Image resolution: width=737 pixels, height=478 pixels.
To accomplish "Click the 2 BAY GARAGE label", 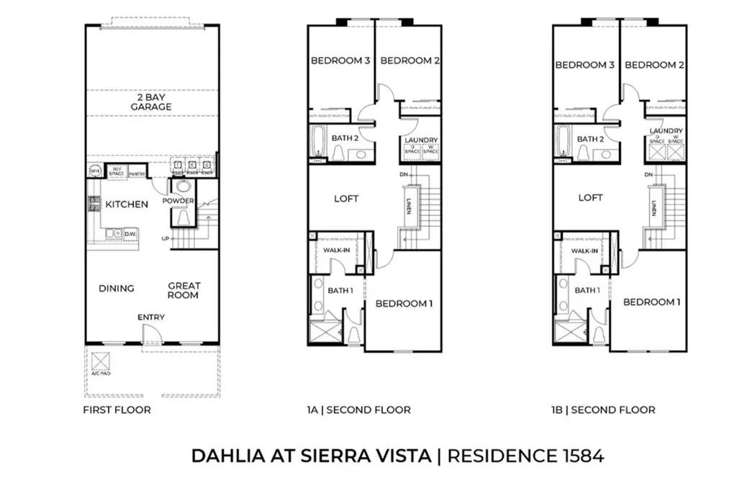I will click(151, 102).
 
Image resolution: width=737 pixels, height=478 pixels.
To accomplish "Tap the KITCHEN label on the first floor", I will click(127, 204).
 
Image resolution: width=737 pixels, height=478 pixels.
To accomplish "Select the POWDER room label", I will click(178, 201).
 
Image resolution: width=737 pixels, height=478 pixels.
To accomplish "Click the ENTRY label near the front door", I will click(151, 317).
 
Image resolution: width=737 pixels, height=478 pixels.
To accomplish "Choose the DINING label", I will click(117, 289).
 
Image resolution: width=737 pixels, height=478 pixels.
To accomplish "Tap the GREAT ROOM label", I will click(184, 290).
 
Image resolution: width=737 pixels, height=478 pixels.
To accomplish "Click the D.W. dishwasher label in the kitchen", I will click(131, 234).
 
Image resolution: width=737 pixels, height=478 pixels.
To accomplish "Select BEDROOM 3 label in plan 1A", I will click(340, 61).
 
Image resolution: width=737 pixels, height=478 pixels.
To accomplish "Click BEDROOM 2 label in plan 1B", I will click(654, 65).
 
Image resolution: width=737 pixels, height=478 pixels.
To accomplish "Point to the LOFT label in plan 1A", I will click(346, 199).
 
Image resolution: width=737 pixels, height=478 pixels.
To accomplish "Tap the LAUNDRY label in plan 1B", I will click(666, 131).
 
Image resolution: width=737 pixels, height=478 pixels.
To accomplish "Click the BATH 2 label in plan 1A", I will click(345, 138).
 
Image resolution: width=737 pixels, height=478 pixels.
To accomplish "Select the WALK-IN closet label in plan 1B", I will click(584, 251).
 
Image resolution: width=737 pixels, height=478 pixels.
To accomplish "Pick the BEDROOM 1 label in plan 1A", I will click(403, 304).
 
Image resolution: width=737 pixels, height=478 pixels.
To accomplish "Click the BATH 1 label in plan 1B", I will click(587, 290).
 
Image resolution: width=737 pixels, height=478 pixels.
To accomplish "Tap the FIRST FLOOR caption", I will click(117, 410).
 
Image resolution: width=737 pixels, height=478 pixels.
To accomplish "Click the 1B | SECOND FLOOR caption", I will click(603, 410).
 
